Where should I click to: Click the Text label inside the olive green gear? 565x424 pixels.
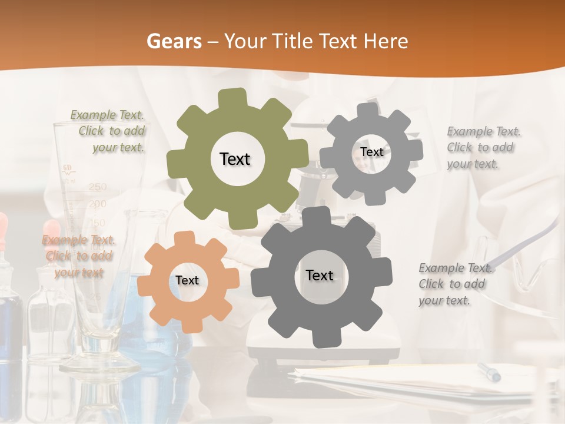[235, 159]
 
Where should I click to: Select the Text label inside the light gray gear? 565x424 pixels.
[372, 152]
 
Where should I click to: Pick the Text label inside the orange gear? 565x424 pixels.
[187, 280]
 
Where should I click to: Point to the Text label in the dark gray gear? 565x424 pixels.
[320, 275]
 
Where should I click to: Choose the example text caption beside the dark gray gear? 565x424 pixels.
[453, 284]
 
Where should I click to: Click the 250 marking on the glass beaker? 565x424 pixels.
[98, 187]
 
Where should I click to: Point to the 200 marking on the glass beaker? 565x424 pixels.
[98, 204]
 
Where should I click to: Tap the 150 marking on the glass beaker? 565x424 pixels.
[98, 223]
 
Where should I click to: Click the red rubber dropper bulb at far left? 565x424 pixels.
[3, 227]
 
